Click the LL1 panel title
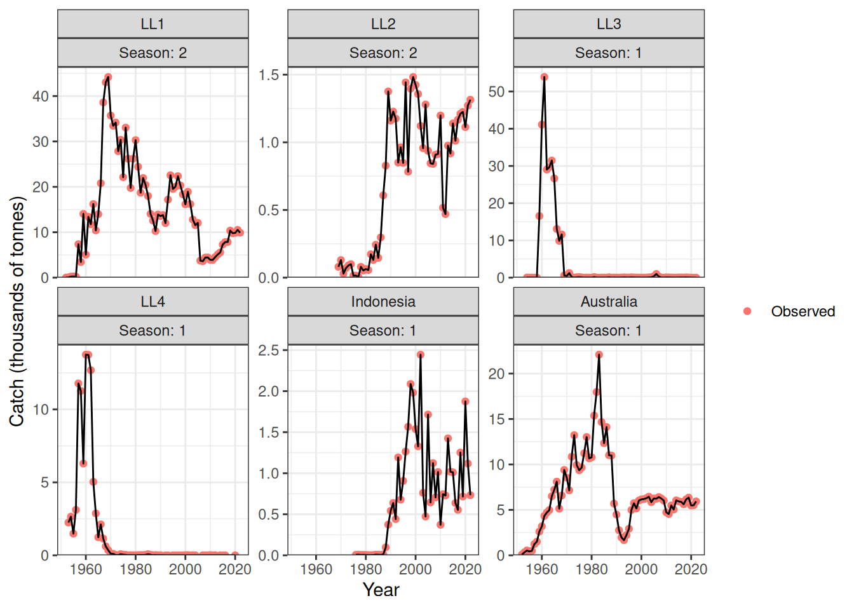152,24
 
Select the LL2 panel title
383,24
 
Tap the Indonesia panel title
383,302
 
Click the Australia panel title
608,302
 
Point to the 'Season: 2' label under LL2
383,53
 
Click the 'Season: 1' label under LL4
152,330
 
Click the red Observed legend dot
747,311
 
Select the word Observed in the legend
803,311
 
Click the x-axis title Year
381,590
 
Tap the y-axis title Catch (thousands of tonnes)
17,311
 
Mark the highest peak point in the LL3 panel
545,78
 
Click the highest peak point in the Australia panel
599,355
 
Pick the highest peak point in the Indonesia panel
421,355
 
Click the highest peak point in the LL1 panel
108,78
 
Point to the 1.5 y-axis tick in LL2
269,75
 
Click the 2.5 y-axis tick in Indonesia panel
269,350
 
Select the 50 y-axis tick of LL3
496,91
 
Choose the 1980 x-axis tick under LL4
135,569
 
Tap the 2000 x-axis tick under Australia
641,569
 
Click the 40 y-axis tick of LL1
41,97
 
